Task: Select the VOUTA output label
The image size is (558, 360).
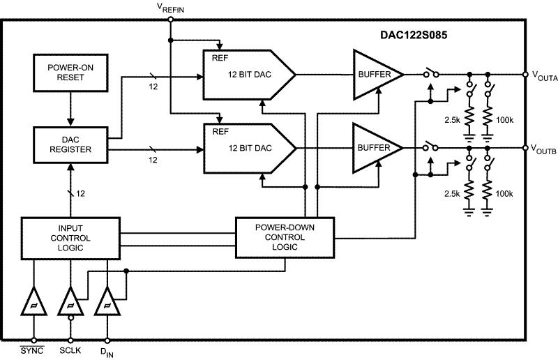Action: tap(544, 74)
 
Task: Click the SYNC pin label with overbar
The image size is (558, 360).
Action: tap(32, 348)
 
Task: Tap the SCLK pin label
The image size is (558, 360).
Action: tap(70, 348)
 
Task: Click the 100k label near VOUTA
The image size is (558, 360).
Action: tap(504, 120)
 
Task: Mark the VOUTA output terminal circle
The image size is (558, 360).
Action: tap(525, 74)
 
